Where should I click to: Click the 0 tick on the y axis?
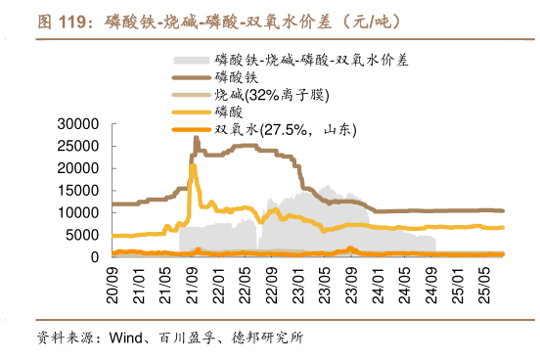95,257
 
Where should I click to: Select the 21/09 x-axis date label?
195,280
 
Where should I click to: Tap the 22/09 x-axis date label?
276,280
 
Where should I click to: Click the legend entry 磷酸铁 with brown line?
236,76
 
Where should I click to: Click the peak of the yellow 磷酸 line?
193,166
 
